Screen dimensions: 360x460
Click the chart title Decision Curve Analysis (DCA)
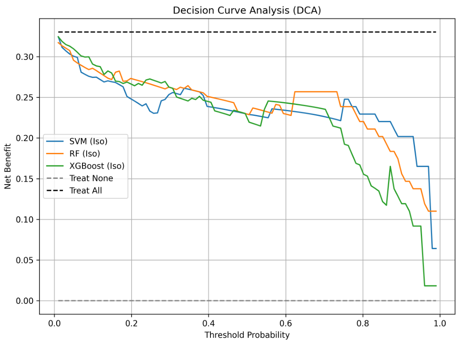[247, 11]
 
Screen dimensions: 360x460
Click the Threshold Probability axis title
[247, 335]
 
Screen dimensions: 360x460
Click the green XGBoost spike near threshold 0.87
[390, 167]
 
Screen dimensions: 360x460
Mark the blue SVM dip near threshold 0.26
[155, 113]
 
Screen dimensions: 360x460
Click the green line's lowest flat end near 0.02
[430, 286]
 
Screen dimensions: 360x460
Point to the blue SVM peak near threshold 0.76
[346, 99]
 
